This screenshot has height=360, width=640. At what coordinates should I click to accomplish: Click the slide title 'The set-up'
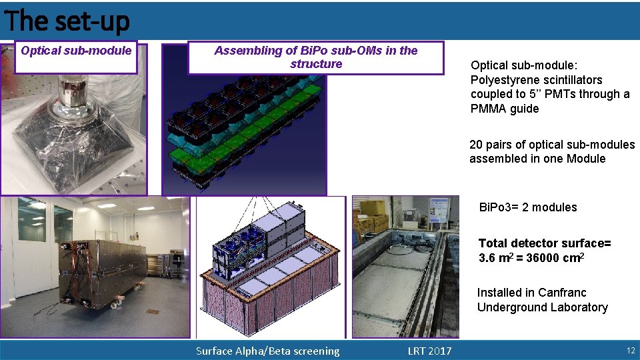(x=67, y=21)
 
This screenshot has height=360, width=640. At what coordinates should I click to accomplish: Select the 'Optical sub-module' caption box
(x=76, y=51)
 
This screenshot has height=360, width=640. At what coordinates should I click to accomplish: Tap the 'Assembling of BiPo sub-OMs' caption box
(x=316, y=57)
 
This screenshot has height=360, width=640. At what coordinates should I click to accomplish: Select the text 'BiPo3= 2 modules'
(x=528, y=207)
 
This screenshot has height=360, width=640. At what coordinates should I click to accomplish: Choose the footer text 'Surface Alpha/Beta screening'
(x=267, y=351)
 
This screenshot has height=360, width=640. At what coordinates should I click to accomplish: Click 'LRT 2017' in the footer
(x=429, y=351)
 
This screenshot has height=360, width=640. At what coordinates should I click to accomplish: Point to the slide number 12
(x=629, y=351)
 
